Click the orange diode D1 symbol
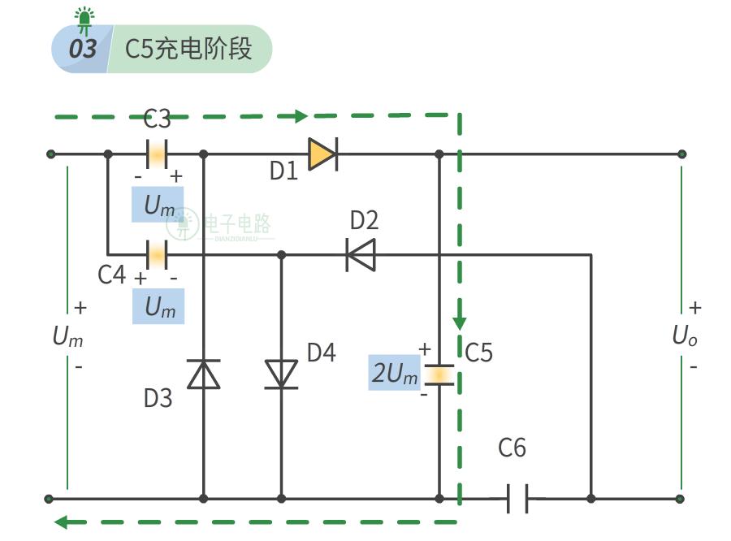point(322,154)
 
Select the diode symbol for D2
point(361,254)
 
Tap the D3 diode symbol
point(203,374)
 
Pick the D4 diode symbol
point(282,374)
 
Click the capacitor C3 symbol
point(156,154)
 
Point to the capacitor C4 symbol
point(156,254)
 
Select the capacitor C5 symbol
point(439,374)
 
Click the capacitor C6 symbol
point(517,498)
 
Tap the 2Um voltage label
point(395,374)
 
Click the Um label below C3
point(158,206)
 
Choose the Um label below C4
point(158,307)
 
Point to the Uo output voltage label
point(684,335)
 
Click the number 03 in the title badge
point(81,49)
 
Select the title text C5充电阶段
point(188,49)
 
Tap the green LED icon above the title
point(83,19)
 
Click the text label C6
point(512,448)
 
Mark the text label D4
point(320,353)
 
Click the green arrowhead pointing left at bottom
point(62,521)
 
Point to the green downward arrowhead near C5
point(460,321)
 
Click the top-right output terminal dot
point(681,154)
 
